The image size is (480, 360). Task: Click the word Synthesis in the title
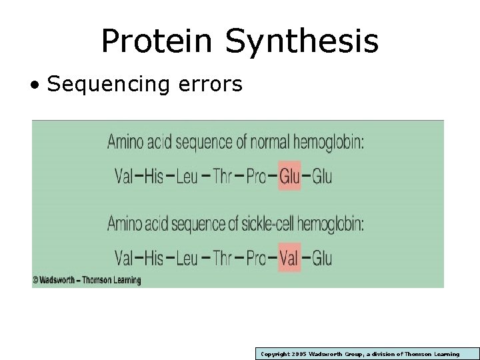click(x=301, y=42)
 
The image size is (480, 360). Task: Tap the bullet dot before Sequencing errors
click(x=33, y=85)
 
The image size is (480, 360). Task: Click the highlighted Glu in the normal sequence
click(x=289, y=177)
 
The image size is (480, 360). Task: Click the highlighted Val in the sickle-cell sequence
click(x=289, y=257)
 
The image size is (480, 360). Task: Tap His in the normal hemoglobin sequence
click(x=153, y=177)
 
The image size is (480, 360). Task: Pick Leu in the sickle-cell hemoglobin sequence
click(x=187, y=257)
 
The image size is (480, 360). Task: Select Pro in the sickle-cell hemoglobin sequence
click(x=257, y=257)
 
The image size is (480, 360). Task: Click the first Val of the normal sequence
click(x=123, y=177)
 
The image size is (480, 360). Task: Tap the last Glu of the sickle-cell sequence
click(x=322, y=257)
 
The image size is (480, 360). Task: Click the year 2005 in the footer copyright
click(x=297, y=354)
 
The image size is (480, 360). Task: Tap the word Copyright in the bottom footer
click(x=273, y=354)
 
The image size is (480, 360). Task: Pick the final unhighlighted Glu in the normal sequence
click(x=322, y=177)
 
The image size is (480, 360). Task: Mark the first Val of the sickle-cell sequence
click(x=123, y=257)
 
